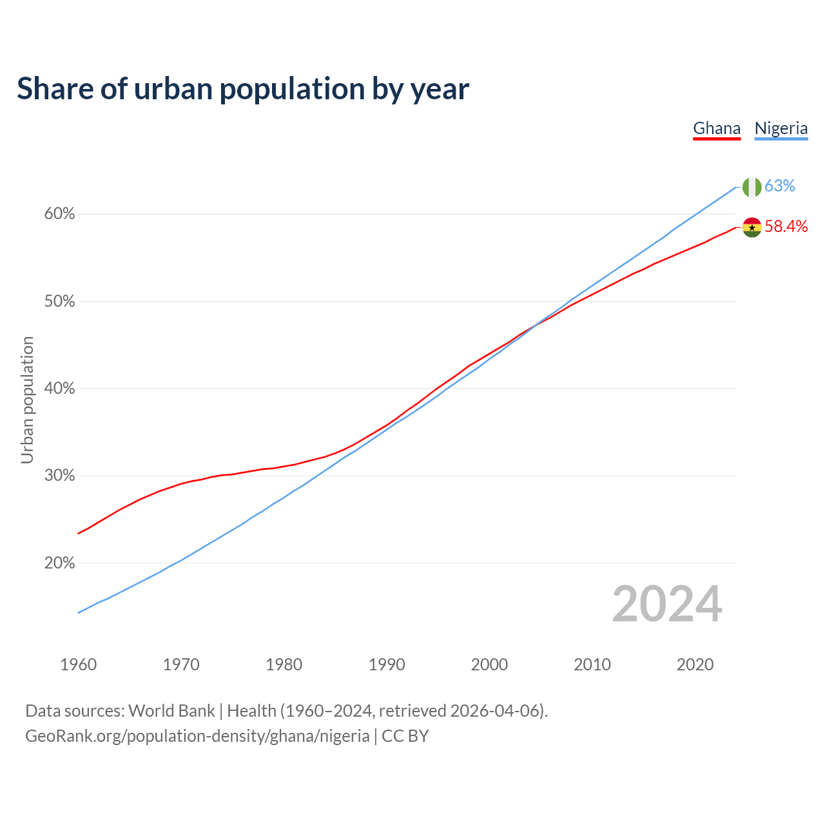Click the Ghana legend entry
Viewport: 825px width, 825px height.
[717, 128]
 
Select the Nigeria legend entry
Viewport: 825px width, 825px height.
[781, 128]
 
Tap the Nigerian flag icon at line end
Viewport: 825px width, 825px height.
[752, 187]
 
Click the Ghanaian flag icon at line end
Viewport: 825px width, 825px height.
[752, 227]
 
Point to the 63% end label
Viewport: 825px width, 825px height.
[780, 186]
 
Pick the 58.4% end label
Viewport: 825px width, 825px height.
[786, 226]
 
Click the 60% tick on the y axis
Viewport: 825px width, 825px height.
[59, 214]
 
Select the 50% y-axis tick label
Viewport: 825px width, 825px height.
[59, 302]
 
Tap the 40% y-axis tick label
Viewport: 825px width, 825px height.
[59, 389]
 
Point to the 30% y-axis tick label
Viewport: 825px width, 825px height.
[59, 476]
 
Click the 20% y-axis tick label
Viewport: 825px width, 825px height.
[59, 563]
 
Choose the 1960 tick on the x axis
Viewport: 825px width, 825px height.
[78, 665]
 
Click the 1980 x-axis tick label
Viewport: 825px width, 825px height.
[284, 665]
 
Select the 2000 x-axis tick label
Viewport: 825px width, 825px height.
[489, 665]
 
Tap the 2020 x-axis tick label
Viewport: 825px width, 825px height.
[695, 665]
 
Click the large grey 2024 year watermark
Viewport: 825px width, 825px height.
[667, 604]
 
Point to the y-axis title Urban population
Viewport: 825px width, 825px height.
[27, 400]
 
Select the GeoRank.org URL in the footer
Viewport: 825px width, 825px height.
[197, 736]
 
